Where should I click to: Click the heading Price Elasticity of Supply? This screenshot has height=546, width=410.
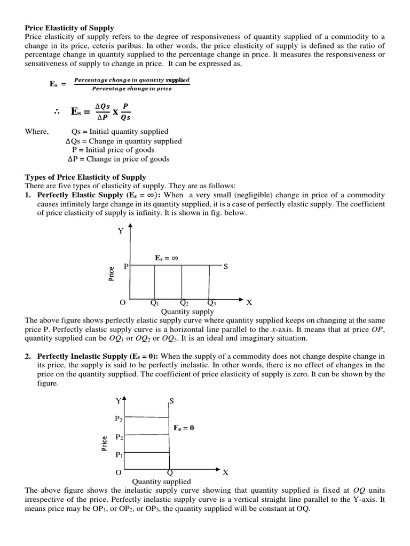pos(69,28)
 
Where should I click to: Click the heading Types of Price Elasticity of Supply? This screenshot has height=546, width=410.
pos(85,176)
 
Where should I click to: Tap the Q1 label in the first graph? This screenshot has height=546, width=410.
pos(155,303)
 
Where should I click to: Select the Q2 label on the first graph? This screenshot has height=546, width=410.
pos(184,303)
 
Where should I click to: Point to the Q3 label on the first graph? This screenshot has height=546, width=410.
pos(211,303)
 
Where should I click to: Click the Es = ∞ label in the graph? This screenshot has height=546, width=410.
pos(166,258)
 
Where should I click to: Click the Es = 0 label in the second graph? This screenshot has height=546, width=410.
pos(184,428)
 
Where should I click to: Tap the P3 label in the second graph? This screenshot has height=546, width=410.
pos(119,419)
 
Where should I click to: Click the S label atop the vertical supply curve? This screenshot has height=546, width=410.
pos(171,400)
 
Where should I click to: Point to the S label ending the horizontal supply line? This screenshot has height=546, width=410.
pos(226,266)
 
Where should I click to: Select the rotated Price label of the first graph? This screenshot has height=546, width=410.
pos(111,274)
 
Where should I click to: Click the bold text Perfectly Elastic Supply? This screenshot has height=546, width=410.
pos(80,195)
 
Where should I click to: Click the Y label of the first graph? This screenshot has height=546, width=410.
pos(121,231)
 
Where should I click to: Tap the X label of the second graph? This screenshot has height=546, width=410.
pos(225,472)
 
